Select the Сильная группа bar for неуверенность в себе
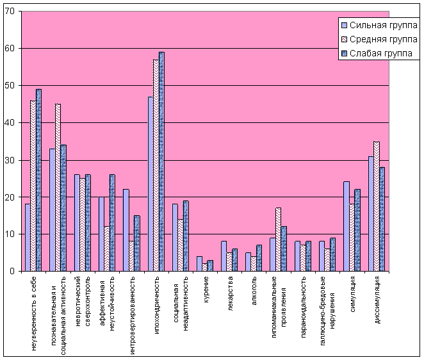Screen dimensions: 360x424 pyautogui.click(x=28, y=238)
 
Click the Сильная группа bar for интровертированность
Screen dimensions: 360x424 pyautogui.click(x=126, y=230)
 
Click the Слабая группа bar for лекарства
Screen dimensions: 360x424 pyautogui.click(x=235, y=260)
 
